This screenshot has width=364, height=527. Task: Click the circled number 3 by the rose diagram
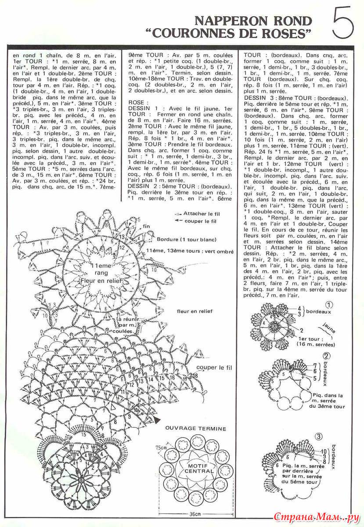332,436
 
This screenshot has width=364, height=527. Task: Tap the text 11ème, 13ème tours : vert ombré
193,250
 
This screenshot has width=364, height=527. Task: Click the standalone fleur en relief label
195,311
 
